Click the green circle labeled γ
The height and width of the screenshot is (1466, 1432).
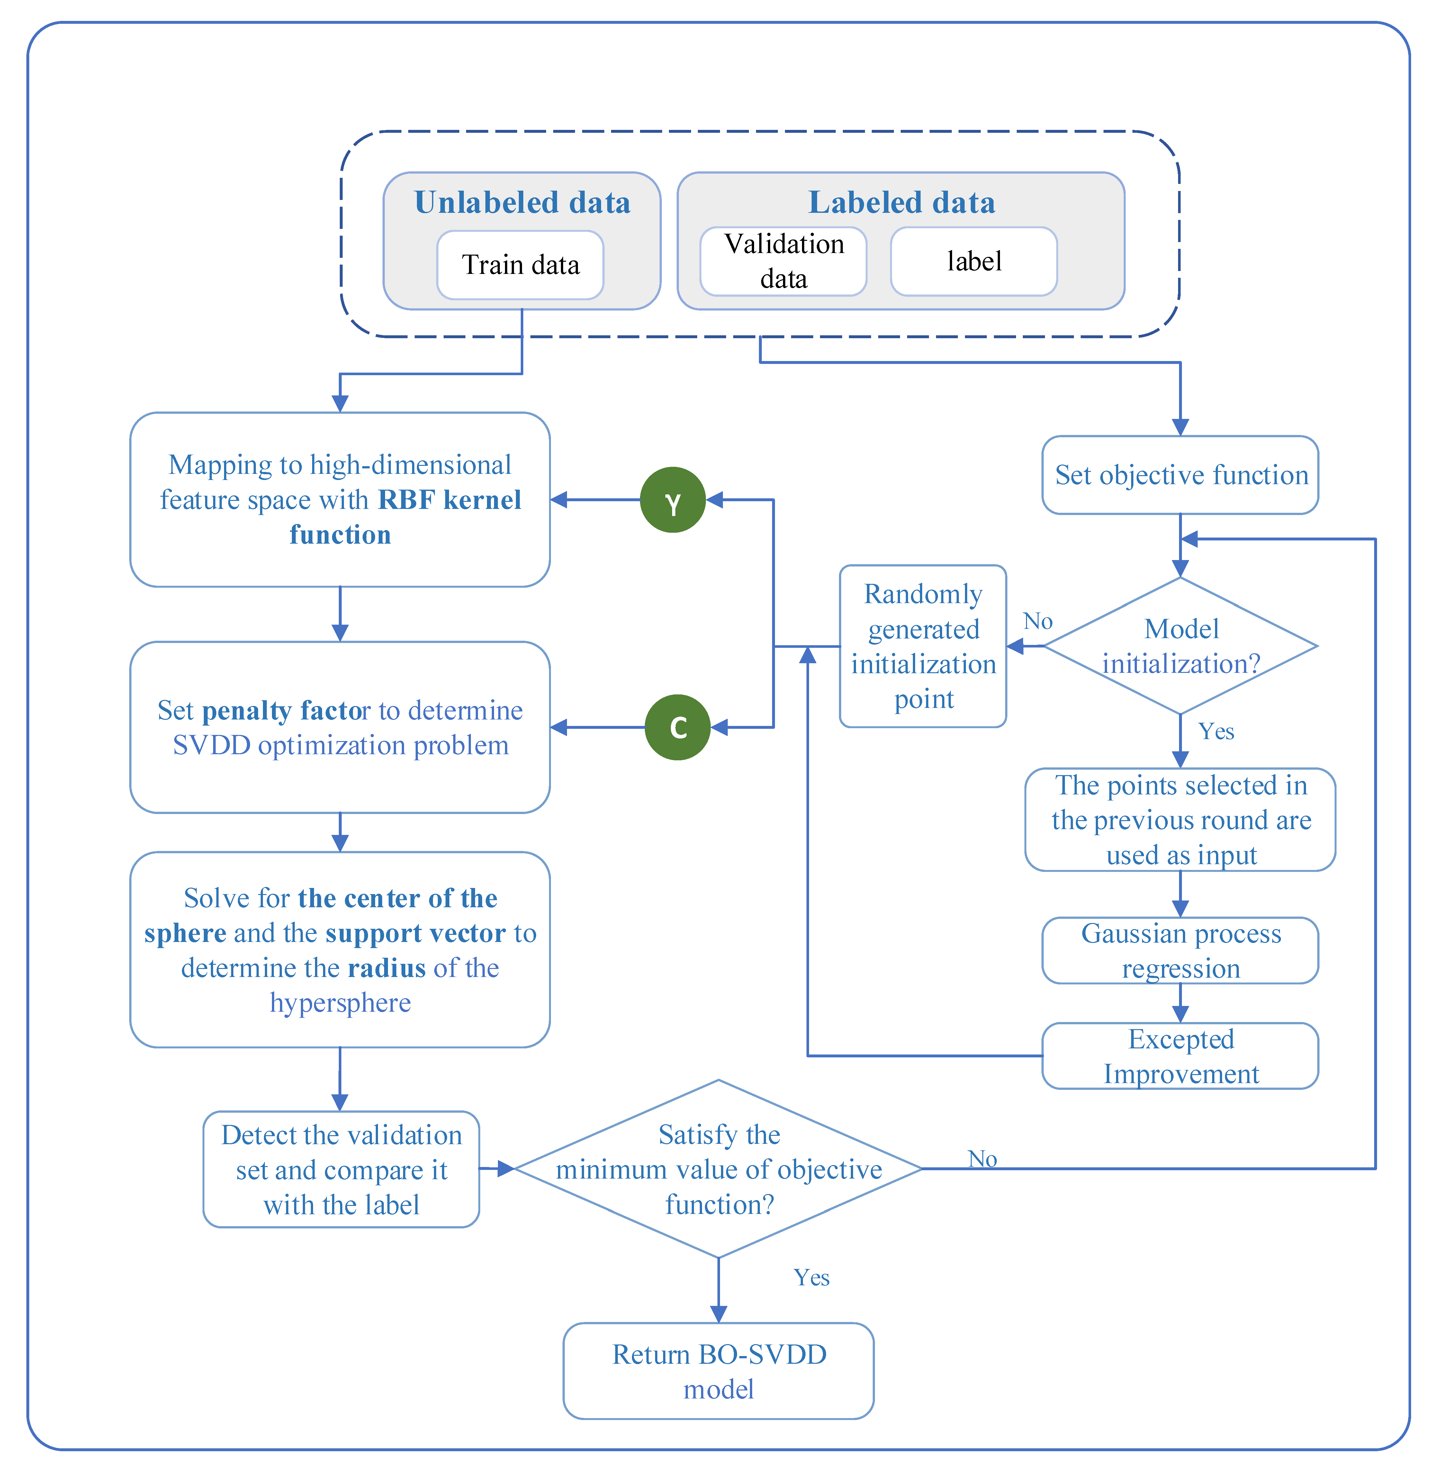pos(672,500)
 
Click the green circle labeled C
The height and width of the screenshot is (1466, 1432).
pos(677,727)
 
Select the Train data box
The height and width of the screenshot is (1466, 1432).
pos(520,265)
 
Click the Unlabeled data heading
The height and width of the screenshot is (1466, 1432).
pos(522,202)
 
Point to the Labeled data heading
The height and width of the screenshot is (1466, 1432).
pos(901,202)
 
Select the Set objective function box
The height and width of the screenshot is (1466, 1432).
pos(1180,475)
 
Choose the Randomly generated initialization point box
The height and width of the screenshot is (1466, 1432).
pos(923,646)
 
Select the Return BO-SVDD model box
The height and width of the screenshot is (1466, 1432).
pos(718,1371)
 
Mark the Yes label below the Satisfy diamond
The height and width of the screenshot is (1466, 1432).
pos(812,1277)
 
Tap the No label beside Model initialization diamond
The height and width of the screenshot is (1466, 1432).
pos(1037,621)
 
